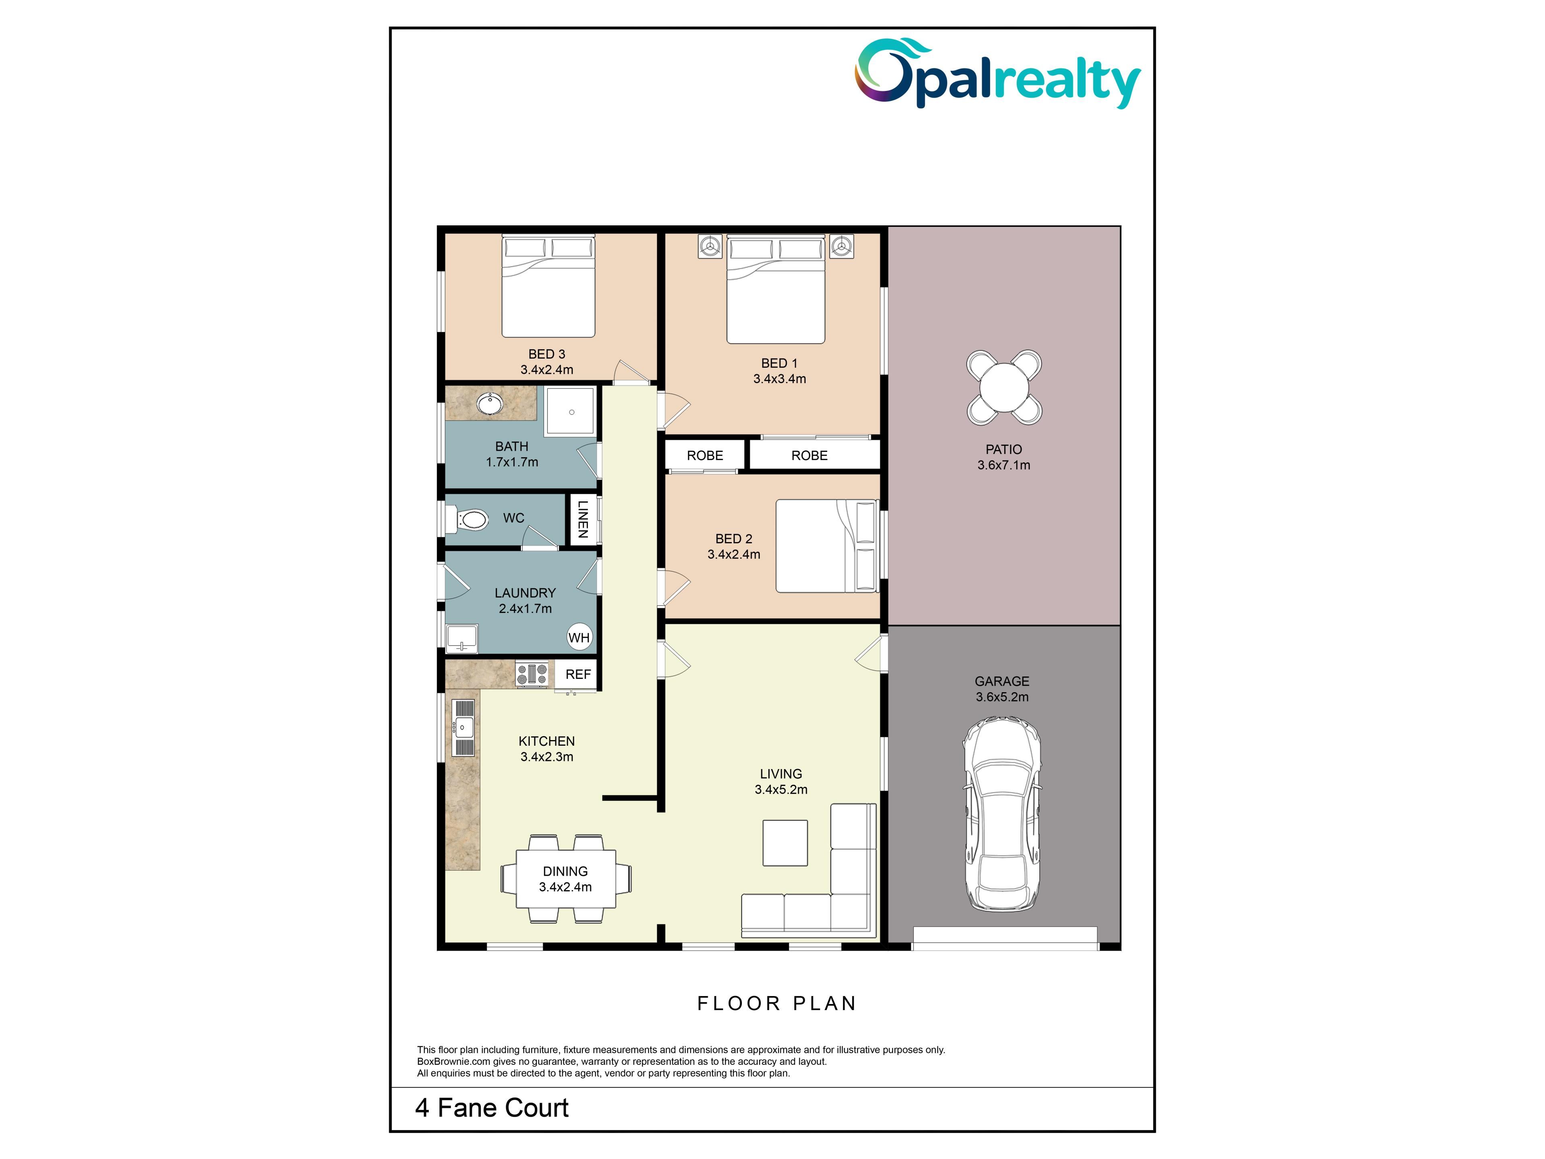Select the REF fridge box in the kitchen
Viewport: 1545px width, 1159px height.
point(578,674)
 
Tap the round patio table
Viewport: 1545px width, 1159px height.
point(1004,388)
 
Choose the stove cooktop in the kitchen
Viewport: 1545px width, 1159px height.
point(531,674)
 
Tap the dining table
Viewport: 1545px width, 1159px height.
point(566,879)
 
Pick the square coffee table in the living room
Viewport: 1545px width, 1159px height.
point(785,843)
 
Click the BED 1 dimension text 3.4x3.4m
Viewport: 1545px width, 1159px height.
point(779,379)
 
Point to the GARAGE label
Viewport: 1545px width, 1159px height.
point(1002,681)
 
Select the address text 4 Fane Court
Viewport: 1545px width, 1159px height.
point(492,1108)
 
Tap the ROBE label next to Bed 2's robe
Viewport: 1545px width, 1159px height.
point(705,456)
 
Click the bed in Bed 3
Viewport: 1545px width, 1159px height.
point(548,287)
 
